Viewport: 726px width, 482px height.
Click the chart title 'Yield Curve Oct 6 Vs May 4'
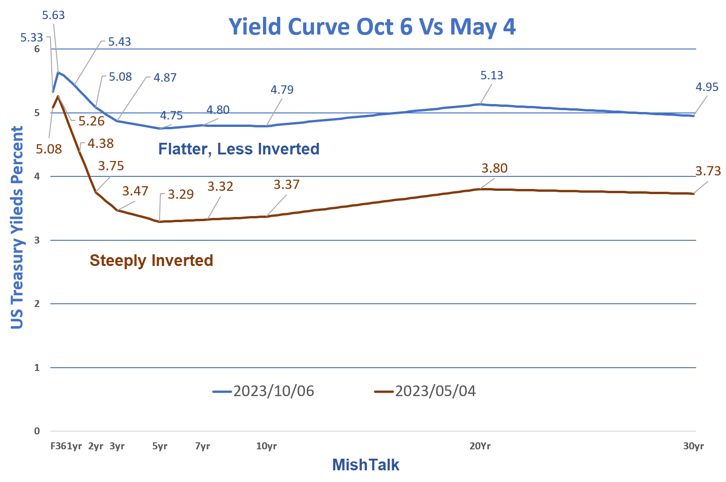(x=372, y=27)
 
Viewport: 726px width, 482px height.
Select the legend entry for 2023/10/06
(x=263, y=391)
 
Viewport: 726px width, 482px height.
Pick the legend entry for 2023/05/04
(x=425, y=391)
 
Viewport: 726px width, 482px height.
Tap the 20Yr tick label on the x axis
(x=480, y=446)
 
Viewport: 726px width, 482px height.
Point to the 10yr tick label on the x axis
(x=266, y=446)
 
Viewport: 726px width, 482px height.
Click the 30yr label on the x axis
(x=693, y=446)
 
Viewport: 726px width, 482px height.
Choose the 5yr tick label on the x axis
(x=160, y=446)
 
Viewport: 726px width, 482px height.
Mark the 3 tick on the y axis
(x=37, y=240)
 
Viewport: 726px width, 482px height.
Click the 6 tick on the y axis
(x=37, y=49)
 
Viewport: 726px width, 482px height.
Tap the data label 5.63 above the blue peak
(x=54, y=15)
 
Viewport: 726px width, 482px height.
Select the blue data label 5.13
(x=492, y=76)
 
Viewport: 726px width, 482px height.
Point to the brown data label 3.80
(x=494, y=168)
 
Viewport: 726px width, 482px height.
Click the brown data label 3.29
(x=180, y=194)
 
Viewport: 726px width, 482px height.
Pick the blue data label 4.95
(x=707, y=87)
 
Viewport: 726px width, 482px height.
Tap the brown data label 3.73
(x=708, y=171)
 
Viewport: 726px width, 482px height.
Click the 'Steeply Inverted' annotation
(x=151, y=260)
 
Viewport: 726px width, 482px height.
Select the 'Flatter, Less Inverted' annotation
(x=239, y=149)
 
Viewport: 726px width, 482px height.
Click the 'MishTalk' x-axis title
(x=366, y=465)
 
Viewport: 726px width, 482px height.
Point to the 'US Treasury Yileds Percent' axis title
(x=17, y=228)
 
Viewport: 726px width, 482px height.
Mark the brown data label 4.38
(x=100, y=143)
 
